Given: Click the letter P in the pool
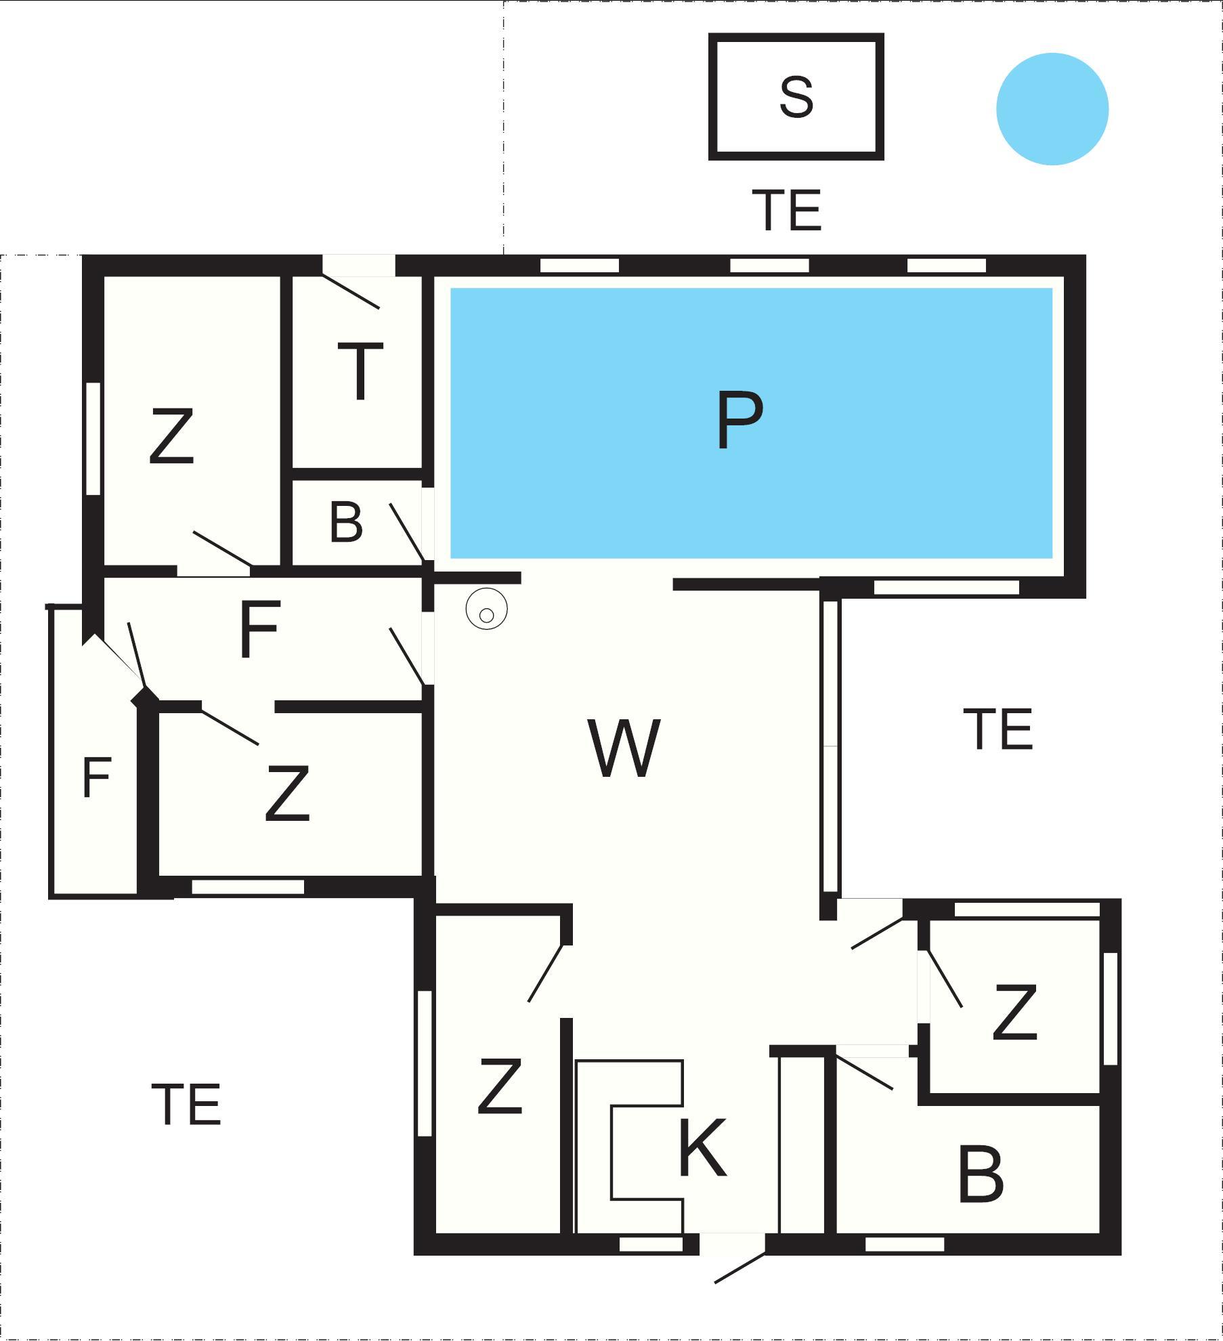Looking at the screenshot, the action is [x=739, y=419].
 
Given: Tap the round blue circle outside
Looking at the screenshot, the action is [x=1052, y=109].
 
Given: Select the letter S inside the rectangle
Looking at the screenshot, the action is [x=796, y=97].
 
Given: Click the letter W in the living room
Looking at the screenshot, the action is [x=624, y=748].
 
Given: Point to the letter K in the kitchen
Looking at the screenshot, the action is [x=702, y=1148].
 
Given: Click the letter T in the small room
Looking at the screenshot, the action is [x=360, y=371].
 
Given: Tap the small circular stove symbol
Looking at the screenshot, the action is [x=487, y=609].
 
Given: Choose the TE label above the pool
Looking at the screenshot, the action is [x=787, y=210].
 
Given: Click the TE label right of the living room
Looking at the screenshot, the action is [x=998, y=729].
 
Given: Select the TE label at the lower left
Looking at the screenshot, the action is [x=186, y=1104].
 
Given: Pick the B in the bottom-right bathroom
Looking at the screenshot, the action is [x=981, y=1174].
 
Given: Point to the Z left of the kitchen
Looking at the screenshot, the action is [x=500, y=1086].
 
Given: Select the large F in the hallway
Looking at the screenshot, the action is [x=259, y=629].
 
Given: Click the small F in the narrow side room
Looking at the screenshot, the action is [x=96, y=778].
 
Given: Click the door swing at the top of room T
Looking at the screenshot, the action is [x=351, y=291].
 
